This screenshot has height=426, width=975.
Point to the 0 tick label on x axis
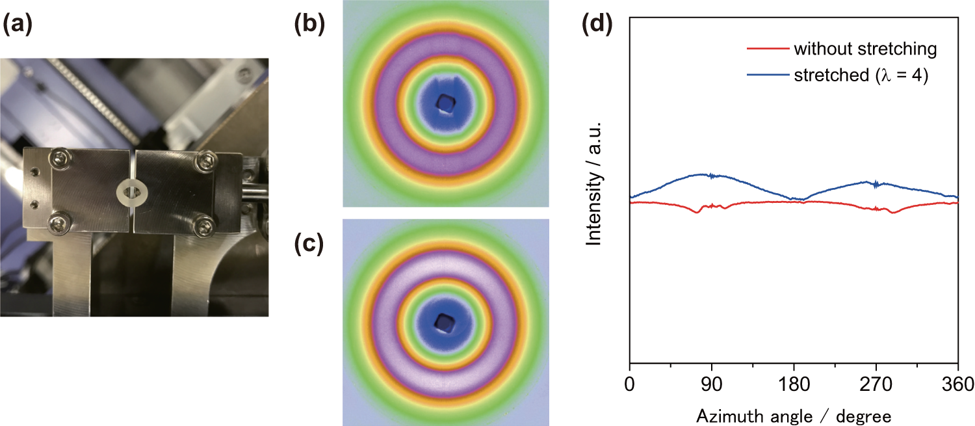(629, 384)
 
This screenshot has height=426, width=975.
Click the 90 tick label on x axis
(712, 384)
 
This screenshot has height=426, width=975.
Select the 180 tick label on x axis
(794, 384)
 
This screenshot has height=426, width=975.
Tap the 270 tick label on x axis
(876, 384)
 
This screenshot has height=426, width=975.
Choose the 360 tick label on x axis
(957, 384)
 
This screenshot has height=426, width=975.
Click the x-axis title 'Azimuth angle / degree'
(793, 414)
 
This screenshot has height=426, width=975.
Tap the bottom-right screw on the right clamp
(206, 225)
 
